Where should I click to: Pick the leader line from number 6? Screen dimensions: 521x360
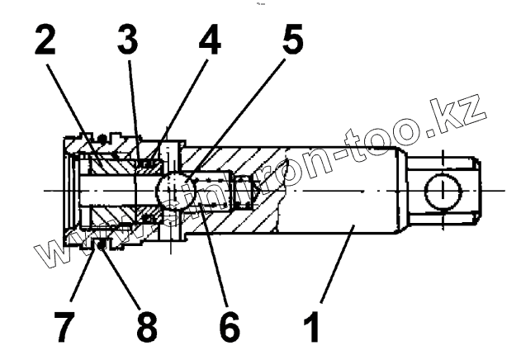click(x=211, y=256)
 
